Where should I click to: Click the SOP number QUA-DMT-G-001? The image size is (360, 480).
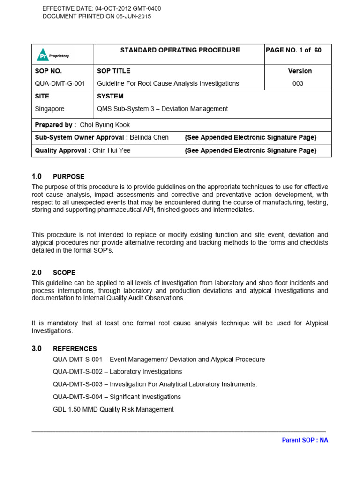pos(60,83)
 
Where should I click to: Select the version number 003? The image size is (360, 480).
pos(298,83)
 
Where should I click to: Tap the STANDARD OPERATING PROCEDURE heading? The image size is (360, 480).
pos(180,50)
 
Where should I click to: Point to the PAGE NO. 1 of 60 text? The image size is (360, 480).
pos(293,50)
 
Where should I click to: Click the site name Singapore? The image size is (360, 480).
pos(50,109)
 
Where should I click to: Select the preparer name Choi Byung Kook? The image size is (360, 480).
pos(105,125)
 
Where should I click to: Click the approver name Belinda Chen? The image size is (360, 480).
pos(149,137)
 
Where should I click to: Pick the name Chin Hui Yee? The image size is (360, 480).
pos(112,150)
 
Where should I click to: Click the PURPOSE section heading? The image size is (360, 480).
pos(68,177)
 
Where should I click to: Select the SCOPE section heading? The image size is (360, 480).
pos(64,272)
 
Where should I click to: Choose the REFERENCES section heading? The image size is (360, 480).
pos(75,349)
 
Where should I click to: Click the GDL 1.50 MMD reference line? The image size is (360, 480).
pos(113,409)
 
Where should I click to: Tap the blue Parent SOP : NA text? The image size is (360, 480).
pos(305,440)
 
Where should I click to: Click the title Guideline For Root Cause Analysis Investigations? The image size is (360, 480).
pos(168,83)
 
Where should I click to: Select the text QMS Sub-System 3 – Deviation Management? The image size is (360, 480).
pos(162,109)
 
